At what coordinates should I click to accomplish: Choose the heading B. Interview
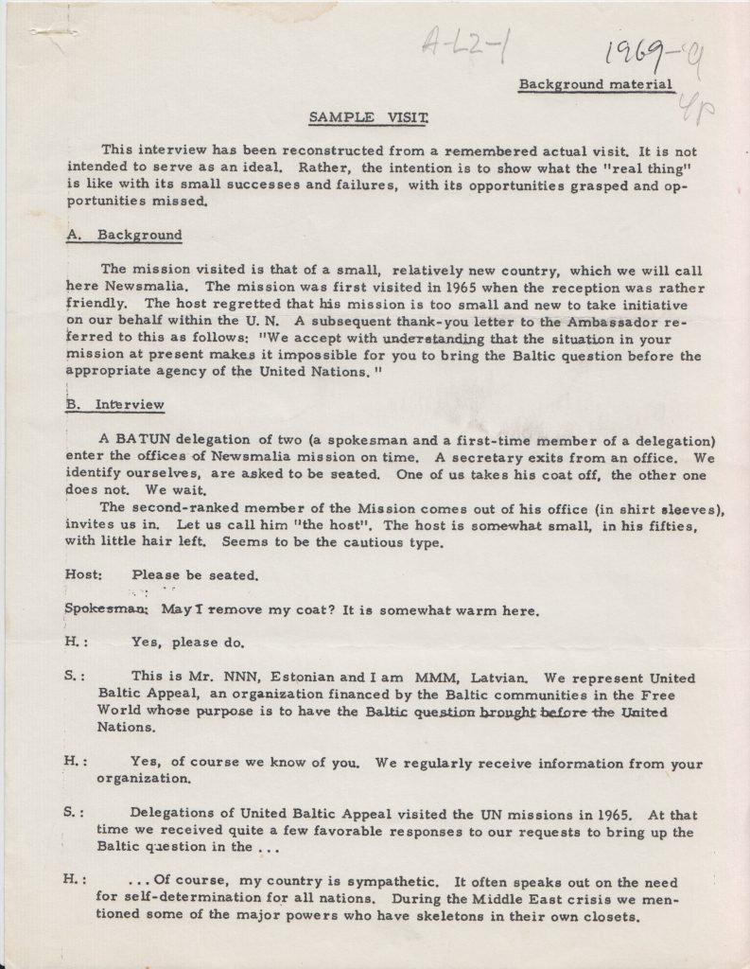click(x=116, y=405)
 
